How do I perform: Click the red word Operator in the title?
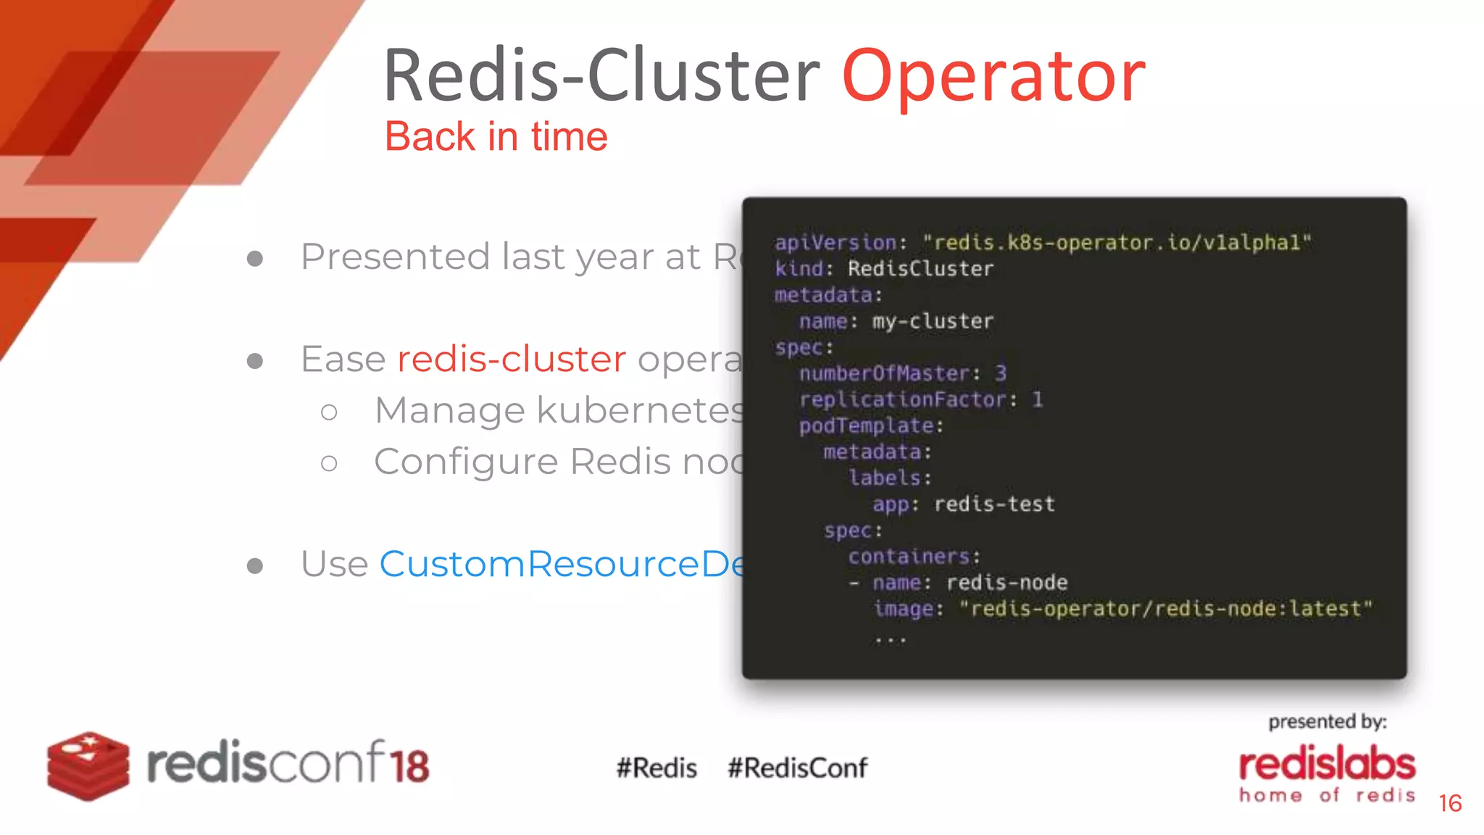coord(993,76)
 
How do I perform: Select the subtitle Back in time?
coord(496,136)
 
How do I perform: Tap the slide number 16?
coord(1450,803)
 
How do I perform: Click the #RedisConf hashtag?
coord(797,768)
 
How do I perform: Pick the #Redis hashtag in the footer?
coord(656,768)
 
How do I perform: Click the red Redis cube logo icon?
coord(88,765)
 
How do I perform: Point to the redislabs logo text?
coord(1327,765)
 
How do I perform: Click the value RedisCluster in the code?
coord(920,269)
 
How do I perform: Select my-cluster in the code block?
coord(933,321)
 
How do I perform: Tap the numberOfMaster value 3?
coord(1000,373)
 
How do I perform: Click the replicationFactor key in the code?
coord(903,399)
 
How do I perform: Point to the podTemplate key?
coord(867,425)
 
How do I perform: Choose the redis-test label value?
coord(994,504)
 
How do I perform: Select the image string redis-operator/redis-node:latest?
coord(1165,608)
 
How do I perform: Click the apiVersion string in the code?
coord(1116,243)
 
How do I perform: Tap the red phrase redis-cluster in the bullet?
coord(512,359)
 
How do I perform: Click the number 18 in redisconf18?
coord(409,765)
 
